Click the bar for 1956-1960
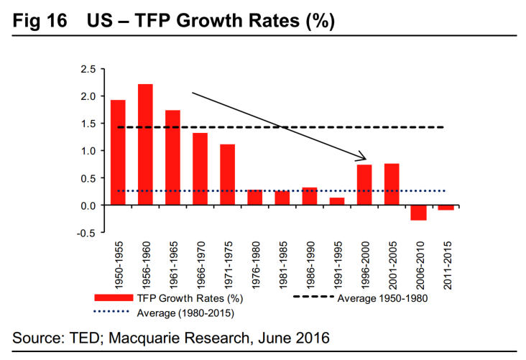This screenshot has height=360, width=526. [145, 144]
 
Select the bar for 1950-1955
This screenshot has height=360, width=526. [118, 152]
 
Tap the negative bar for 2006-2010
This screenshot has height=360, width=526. [419, 213]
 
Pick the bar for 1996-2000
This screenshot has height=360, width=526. [364, 185]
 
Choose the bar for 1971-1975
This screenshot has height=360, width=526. [228, 175]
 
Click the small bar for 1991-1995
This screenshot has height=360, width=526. [337, 201]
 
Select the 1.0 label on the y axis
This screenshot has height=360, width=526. [87, 151]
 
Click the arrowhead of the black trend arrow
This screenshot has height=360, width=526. [363, 158]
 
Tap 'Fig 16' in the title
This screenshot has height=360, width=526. [40, 21]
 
